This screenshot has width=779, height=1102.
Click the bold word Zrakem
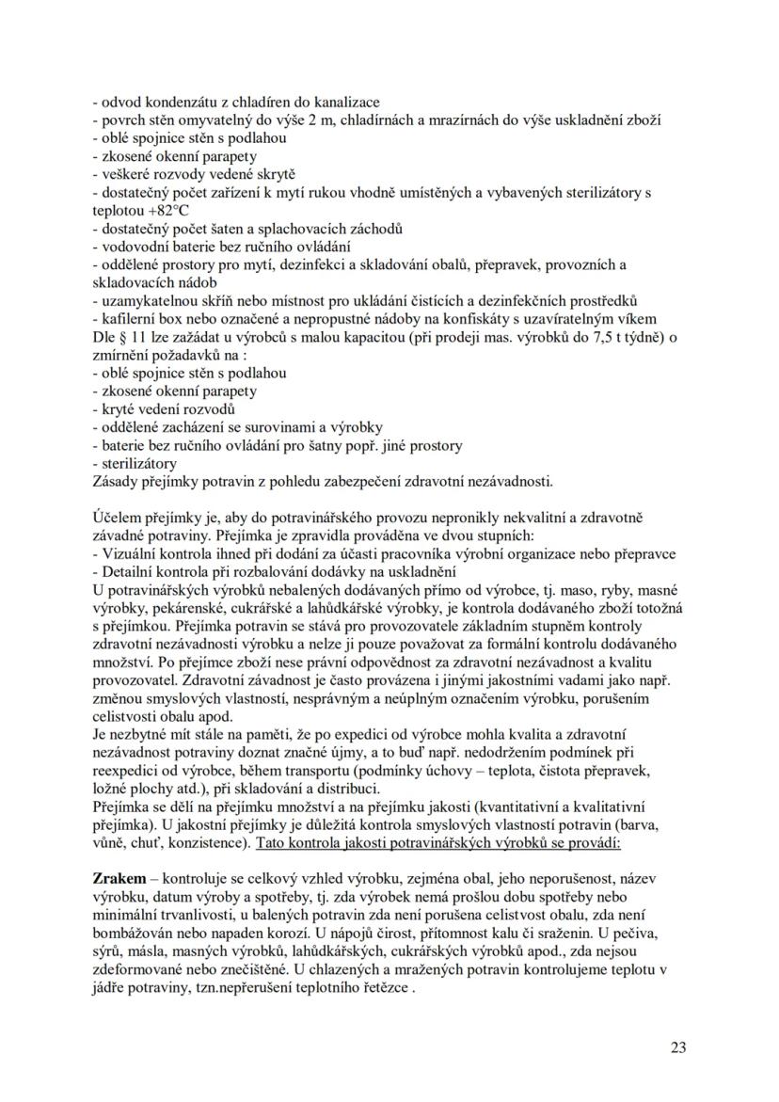coord(119,877)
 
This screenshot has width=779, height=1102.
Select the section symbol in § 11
coord(122,337)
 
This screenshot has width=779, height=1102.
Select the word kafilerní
coord(127,319)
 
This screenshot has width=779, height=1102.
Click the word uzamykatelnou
coord(147,301)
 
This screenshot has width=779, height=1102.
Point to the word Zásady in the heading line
coord(116,482)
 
